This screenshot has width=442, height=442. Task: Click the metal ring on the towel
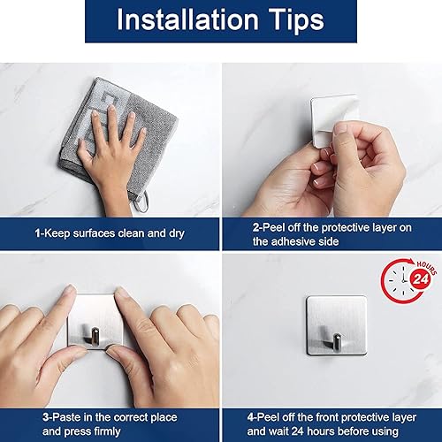(139, 205)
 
